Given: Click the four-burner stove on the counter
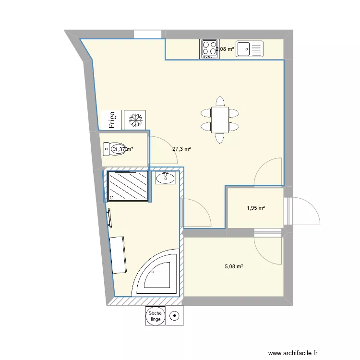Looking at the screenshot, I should [x=209, y=49].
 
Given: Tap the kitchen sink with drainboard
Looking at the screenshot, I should [x=250, y=48].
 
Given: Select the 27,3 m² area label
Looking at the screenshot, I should [x=181, y=149].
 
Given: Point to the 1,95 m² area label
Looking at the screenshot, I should [x=256, y=208].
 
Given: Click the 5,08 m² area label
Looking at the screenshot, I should [x=234, y=267].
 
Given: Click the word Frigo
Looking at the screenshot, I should [x=112, y=120].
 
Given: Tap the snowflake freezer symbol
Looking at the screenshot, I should [x=135, y=120].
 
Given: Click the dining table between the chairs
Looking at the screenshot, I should [x=220, y=120].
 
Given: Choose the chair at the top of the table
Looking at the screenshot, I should [x=220, y=102].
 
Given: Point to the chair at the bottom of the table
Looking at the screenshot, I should [x=220, y=138].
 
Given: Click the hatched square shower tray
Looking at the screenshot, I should [x=127, y=186].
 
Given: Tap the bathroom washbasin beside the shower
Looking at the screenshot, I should [x=166, y=179].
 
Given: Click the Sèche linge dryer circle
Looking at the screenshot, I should [x=156, y=315].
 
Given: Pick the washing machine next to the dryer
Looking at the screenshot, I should [x=175, y=316].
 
